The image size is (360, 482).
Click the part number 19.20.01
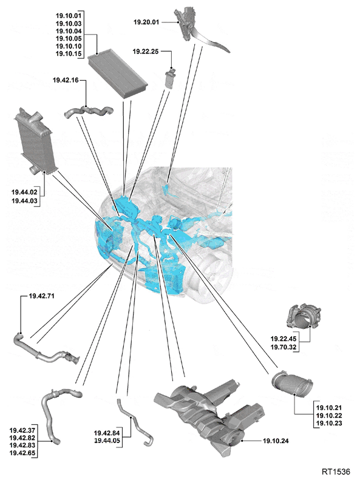(146, 22)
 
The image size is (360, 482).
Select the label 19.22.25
(146, 52)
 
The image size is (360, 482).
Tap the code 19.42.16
(66, 80)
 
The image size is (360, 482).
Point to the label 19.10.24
(276, 441)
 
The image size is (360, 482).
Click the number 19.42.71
(41, 296)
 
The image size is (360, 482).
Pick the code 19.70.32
(284, 347)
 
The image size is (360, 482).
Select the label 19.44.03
(24, 201)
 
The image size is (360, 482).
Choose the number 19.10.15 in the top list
(69, 54)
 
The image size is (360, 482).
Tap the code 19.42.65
(22, 453)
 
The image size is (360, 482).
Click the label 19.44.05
(107, 441)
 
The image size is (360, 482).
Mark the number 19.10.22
(329, 416)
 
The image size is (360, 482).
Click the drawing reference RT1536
(336, 472)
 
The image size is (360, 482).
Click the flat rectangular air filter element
(117, 76)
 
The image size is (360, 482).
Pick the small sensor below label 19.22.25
(170, 78)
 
